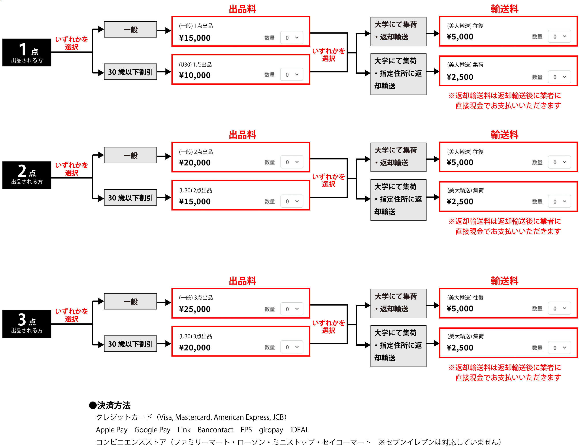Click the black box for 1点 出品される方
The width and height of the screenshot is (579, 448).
pos(27,53)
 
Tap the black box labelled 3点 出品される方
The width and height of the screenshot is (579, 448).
pos(27,324)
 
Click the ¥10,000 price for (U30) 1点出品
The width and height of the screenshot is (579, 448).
pos(195,75)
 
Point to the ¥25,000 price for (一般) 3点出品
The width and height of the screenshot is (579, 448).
pos(195,309)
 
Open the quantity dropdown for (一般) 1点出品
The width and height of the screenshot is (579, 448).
pos(292,38)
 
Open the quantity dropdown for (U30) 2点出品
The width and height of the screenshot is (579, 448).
pos(292,201)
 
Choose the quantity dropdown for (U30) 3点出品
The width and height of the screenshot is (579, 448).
pos(292,347)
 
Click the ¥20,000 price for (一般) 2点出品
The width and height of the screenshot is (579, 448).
pos(195,163)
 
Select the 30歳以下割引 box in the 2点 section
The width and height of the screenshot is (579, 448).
pos(130,198)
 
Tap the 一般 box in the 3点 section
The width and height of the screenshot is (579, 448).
pos(130,301)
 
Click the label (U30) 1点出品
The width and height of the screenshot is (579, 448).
pos(195,65)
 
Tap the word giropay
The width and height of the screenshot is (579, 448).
pos(271,430)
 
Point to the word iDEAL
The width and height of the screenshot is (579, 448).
pos(299,430)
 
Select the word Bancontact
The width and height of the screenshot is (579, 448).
pos(215,430)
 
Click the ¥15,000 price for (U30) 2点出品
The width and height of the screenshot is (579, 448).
pos(195,202)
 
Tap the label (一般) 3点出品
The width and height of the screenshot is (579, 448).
pos(196,298)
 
